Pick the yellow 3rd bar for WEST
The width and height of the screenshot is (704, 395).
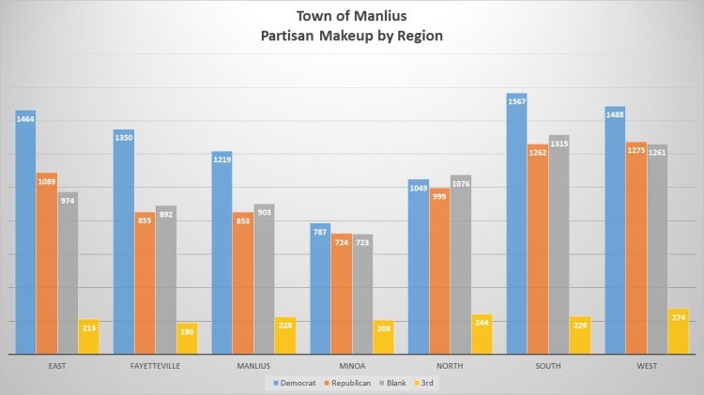[678, 332]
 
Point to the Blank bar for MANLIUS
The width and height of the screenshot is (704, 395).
[264, 281]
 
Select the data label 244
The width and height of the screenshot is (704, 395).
[482, 322]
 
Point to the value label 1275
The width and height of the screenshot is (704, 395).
[635, 148]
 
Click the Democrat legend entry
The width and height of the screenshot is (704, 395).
[295, 383]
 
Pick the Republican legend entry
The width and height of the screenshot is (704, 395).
[350, 383]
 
